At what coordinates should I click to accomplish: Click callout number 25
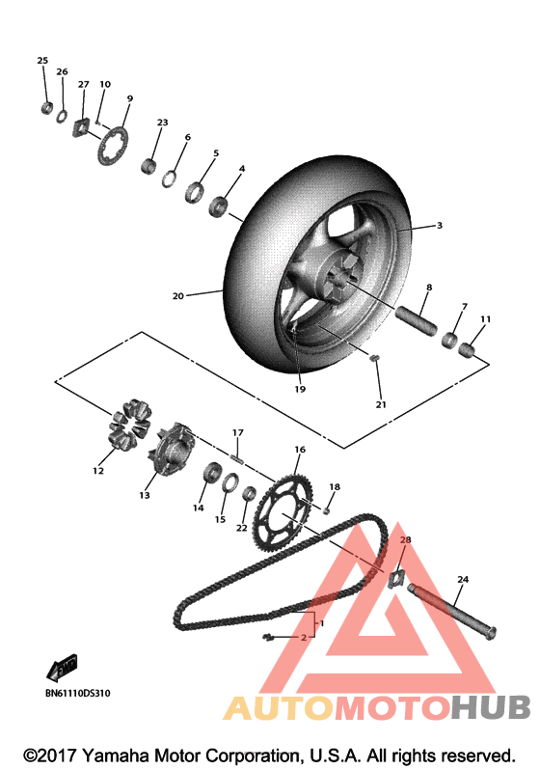tap(42, 61)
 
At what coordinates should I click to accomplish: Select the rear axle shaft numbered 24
tap(452, 609)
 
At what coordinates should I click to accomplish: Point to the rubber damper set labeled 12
tap(130, 425)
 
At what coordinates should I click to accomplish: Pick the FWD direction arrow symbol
tap(62, 668)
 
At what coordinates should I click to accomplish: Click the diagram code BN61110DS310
tap(78, 694)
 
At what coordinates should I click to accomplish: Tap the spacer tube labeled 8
tap(417, 320)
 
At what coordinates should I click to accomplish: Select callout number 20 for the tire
tap(177, 295)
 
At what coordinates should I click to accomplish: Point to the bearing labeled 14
tap(212, 472)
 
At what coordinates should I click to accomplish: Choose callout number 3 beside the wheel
tap(440, 225)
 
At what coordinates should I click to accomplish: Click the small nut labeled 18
tap(326, 511)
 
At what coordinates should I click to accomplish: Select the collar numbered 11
tap(467, 350)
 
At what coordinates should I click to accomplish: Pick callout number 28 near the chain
tap(406, 539)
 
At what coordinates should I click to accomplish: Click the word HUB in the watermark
tap(491, 707)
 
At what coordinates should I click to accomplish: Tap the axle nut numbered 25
tap(47, 108)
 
